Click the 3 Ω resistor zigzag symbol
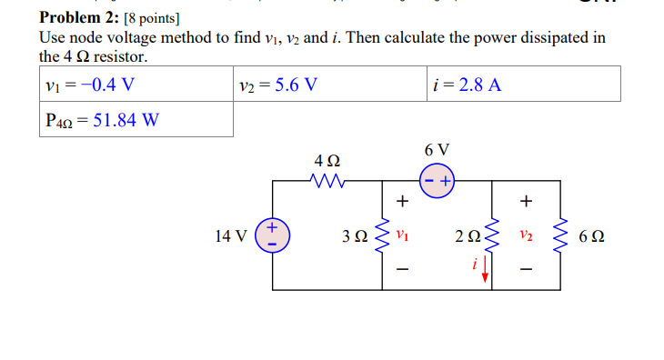click(x=382, y=235)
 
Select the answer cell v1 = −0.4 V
click(x=90, y=85)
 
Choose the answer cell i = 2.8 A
click(x=468, y=85)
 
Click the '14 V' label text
click(x=230, y=236)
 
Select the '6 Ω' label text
click(x=591, y=236)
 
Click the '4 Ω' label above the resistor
click(x=327, y=159)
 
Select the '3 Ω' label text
click(x=356, y=236)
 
